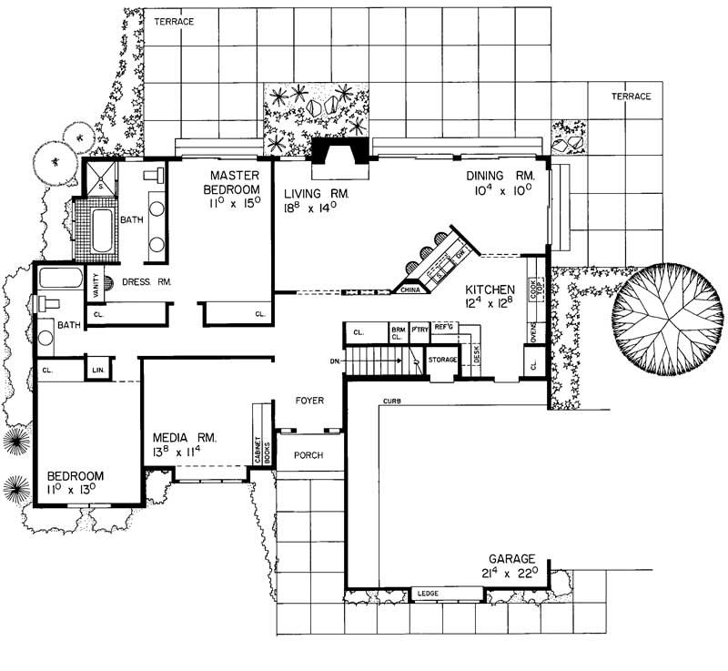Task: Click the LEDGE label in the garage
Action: point(427,595)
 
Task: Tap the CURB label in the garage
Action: point(392,401)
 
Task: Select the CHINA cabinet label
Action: point(408,291)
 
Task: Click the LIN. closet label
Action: point(97,371)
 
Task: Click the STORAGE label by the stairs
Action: point(442,361)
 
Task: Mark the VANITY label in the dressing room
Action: point(94,287)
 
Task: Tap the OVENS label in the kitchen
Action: point(531,332)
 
